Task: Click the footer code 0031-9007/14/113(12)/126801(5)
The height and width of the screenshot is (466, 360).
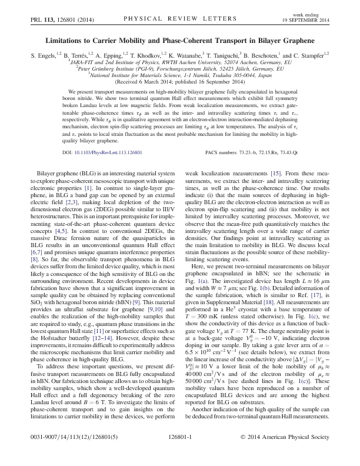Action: click(68, 455)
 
